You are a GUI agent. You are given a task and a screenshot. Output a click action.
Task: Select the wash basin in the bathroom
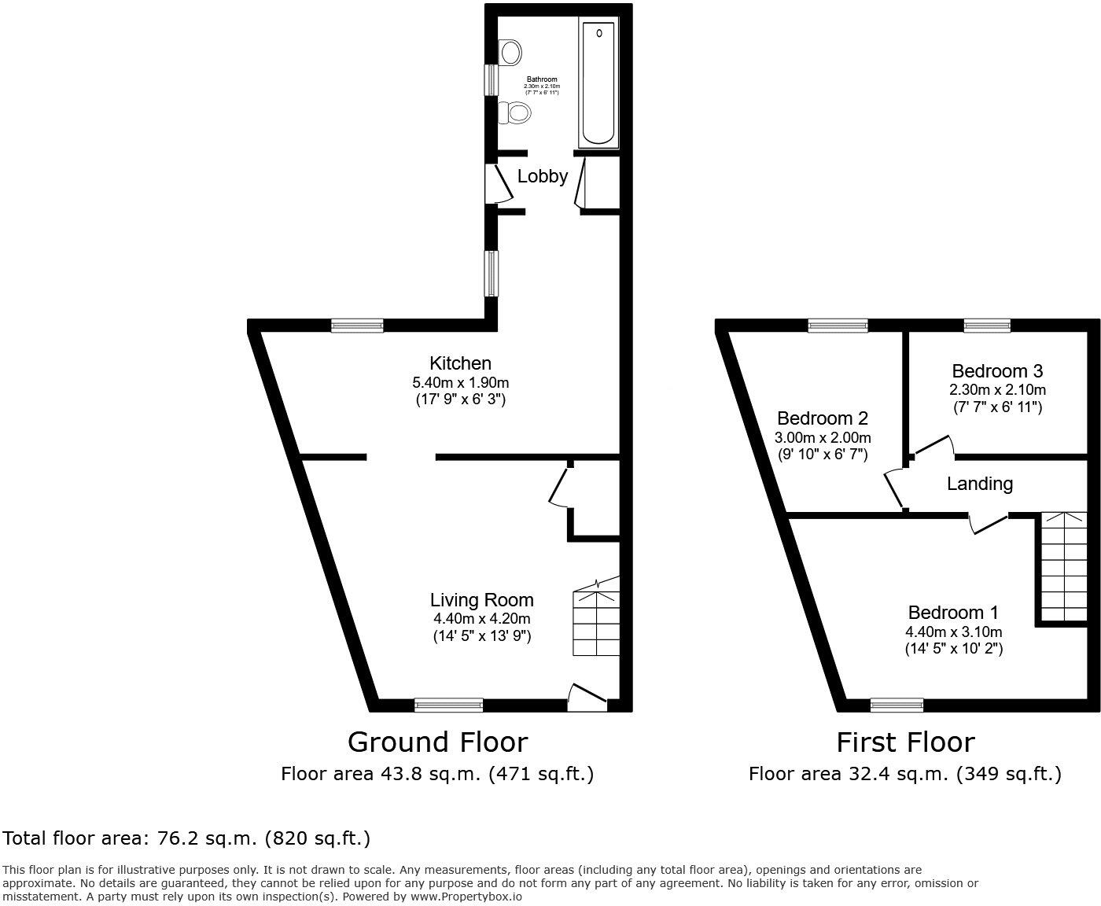click(510, 53)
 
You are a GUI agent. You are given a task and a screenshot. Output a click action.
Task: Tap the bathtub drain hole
click(600, 33)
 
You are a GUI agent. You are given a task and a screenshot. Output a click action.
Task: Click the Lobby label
click(542, 176)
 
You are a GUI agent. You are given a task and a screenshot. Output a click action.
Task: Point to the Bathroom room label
click(542, 79)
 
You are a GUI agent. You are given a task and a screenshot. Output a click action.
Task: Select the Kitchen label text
click(460, 363)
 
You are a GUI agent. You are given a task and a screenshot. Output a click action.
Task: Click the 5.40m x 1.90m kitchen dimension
click(461, 383)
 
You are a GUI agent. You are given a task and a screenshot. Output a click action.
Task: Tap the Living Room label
click(481, 600)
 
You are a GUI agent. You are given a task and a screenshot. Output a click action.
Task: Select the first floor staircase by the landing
click(1063, 566)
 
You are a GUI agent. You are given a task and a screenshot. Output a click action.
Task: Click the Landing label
click(979, 484)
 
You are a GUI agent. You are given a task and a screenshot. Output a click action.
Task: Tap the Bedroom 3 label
click(996, 371)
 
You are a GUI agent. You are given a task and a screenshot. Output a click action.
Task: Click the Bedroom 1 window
click(897, 705)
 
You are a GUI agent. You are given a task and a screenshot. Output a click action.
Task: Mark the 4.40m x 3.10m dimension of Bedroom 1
click(953, 632)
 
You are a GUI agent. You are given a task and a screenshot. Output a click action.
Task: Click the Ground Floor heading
click(437, 742)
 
